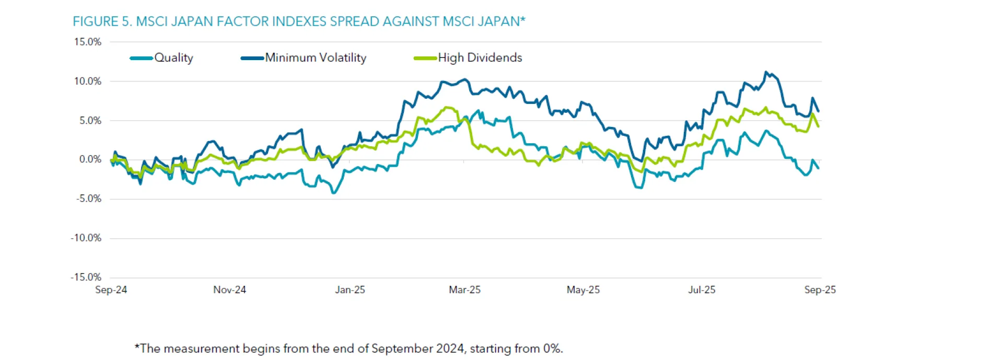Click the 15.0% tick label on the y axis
pyautogui.click(x=87, y=42)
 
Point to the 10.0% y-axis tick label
pyautogui.click(x=87, y=81)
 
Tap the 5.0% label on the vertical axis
pyautogui.click(x=90, y=121)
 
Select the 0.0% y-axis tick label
pyautogui.click(x=90, y=159)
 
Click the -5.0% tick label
pyautogui.click(x=88, y=199)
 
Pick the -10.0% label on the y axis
pyautogui.click(x=86, y=238)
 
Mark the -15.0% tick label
pyautogui.click(x=86, y=277)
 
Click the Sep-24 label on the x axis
pyautogui.click(x=111, y=290)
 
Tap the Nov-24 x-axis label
pyautogui.click(x=229, y=290)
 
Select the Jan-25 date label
pyautogui.click(x=350, y=290)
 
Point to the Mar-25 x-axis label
pyautogui.click(x=464, y=290)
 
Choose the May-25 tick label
pyautogui.click(x=583, y=290)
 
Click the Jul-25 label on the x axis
pyautogui.click(x=702, y=290)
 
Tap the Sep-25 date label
pyautogui.click(x=820, y=290)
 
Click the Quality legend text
pyautogui.click(x=173, y=58)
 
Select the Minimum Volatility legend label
pyautogui.click(x=316, y=58)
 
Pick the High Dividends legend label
pyautogui.click(x=480, y=58)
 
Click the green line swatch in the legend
pyautogui.click(x=425, y=58)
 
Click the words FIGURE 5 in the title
pyautogui.click(x=101, y=21)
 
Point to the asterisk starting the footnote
pyautogui.click(x=137, y=347)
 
